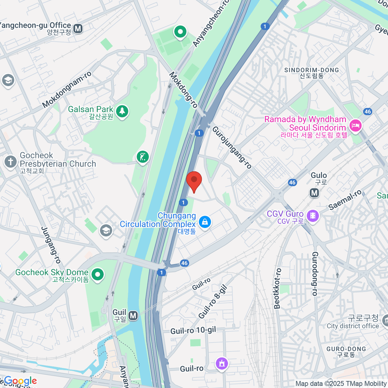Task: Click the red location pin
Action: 194,181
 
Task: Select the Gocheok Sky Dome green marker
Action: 97,275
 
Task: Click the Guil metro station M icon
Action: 133,315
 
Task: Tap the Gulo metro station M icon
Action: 314,193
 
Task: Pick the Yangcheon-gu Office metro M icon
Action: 78,29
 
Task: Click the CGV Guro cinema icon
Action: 313,215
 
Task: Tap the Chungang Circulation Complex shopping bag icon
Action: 205,221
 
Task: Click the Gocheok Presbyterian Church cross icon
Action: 10,161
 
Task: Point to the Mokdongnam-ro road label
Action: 67,90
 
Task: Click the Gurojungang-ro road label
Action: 232,147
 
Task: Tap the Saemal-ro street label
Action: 345,200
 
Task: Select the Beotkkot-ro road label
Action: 277,288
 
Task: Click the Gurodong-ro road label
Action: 315,274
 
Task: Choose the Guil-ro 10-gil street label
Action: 193,330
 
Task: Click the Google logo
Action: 20,381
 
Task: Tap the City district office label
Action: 352,326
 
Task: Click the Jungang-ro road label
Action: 51,245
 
